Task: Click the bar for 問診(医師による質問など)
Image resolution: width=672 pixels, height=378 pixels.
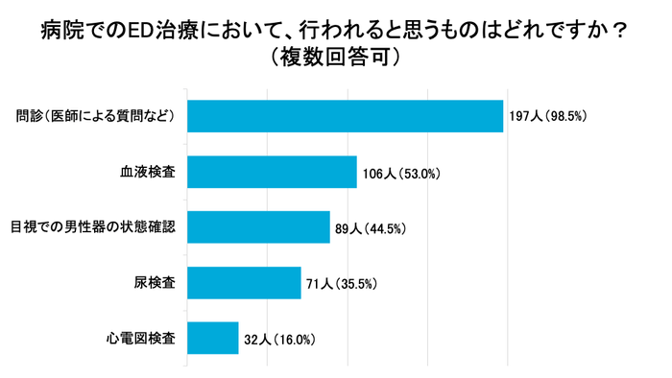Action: click(x=345, y=116)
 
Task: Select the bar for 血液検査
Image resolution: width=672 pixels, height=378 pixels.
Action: click(x=272, y=172)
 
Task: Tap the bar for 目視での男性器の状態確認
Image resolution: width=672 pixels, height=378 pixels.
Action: click(x=258, y=227)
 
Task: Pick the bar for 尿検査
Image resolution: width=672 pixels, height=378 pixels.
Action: click(x=244, y=283)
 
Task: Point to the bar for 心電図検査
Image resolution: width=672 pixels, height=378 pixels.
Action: click(x=212, y=338)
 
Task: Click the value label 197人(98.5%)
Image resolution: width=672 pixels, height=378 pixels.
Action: click(x=546, y=117)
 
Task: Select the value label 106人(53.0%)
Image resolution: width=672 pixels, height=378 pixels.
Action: click(x=400, y=174)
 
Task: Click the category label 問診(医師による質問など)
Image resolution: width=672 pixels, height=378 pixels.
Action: click(x=96, y=116)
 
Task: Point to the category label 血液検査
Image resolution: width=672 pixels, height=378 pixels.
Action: click(x=147, y=172)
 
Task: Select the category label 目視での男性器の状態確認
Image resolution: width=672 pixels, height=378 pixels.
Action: click(x=93, y=227)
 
